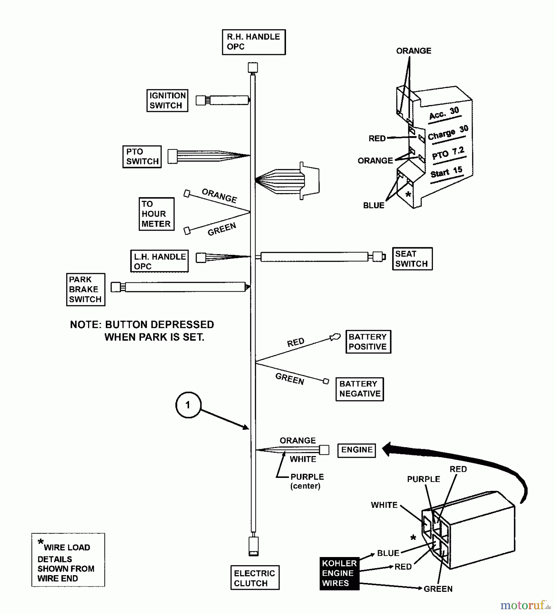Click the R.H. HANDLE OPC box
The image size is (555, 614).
tap(254, 42)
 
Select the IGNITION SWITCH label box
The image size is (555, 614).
tap(167, 100)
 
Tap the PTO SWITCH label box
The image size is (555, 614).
tap(142, 157)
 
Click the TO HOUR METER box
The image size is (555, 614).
tap(156, 214)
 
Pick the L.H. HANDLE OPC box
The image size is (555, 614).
tap(159, 261)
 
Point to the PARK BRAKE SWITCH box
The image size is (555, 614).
tap(85, 289)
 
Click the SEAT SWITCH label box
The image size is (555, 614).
tap(412, 259)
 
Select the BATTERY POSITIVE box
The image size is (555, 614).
tap(368, 341)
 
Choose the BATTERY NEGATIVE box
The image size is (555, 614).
tap(359, 389)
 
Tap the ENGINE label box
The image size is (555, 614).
tap(356, 450)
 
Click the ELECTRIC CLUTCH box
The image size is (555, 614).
tap(255, 578)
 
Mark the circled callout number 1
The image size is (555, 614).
tap(188, 405)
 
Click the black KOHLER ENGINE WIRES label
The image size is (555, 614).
tap(339, 573)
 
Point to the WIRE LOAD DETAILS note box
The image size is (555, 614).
tap(68, 560)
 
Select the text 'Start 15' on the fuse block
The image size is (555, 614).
tap(446, 172)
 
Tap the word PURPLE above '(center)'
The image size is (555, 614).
tap(307, 477)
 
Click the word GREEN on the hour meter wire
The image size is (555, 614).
tap(222, 229)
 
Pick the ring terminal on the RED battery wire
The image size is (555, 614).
tap(335, 337)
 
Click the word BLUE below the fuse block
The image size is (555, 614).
tap(373, 205)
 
